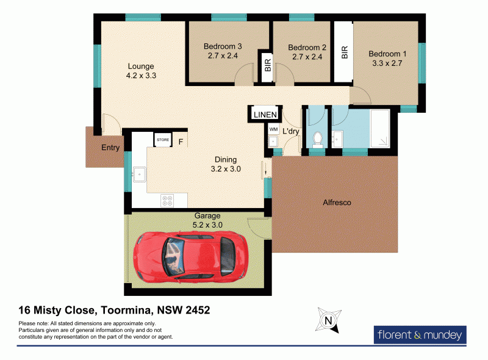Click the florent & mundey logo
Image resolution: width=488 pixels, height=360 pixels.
click(x=419, y=334)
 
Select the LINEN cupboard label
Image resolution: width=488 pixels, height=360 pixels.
click(x=265, y=114)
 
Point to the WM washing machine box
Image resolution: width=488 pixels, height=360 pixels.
click(x=273, y=129)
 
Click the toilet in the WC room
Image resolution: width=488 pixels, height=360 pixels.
click(x=317, y=139)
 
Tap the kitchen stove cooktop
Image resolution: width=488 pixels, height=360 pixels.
click(x=167, y=199)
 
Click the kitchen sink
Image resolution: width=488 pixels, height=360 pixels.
click(x=140, y=174)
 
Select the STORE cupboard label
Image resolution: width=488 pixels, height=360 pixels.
click(x=163, y=140)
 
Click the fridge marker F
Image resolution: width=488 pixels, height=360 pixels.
click(x=181, y=142)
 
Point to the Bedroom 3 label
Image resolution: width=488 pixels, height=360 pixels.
click(x=223, y=46)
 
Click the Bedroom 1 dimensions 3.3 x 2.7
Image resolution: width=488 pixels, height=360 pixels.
click(x=387, y=63)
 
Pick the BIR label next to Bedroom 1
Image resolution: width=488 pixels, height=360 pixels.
click(x=345, y=52)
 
